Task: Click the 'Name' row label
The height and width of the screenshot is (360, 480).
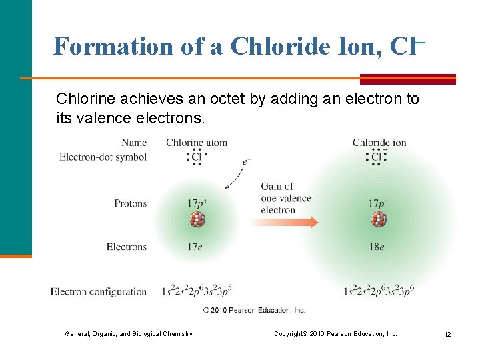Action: [x=134, y=142]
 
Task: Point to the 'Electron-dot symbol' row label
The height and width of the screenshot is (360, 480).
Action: [x=103, y=157]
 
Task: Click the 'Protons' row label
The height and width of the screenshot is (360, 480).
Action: [x=130, y=203]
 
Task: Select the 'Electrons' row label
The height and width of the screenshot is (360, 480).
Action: [x=126, y=247]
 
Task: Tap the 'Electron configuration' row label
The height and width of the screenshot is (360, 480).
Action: [x=99, y=291]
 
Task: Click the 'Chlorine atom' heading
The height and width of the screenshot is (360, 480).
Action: [x=197, y=142]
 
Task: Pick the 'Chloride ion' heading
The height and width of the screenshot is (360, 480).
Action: [x=379, y=142]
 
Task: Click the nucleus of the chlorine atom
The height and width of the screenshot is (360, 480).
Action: [x=197, y=220]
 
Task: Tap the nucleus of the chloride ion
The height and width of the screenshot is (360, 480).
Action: [x=379, y=219]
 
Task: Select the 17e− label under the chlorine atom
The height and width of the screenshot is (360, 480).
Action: [x=197, y=247]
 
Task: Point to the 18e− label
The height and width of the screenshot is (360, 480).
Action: [x=379, y=247]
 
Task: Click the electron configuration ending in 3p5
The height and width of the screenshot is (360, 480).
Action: [x=197, y=291]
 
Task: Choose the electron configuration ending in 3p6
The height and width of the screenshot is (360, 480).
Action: [x=379, y=291]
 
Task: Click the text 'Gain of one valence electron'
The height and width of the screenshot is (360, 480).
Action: [x=286, y=198]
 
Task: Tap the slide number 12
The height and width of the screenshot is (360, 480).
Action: [x=447, y=334]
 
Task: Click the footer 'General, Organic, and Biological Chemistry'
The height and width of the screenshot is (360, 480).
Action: [x=129, y=334]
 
